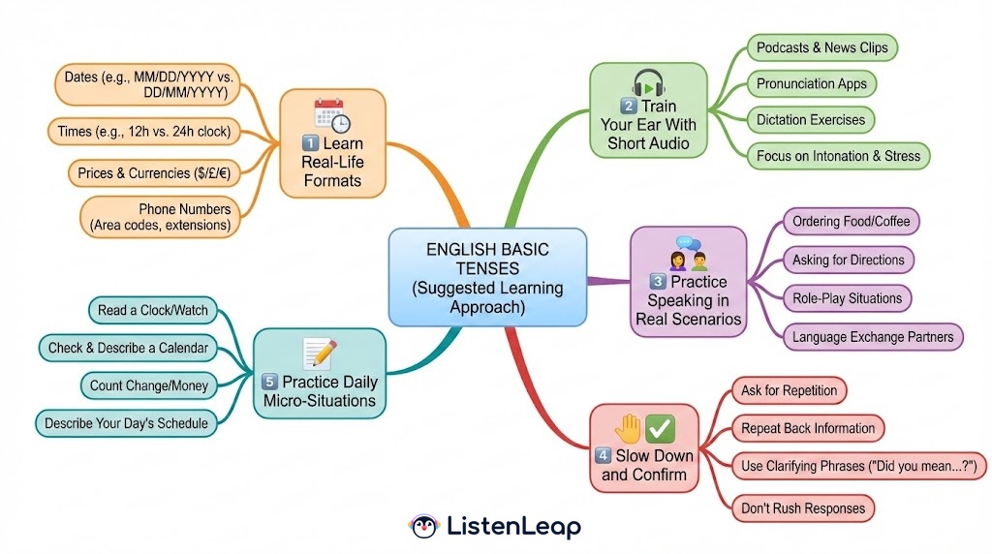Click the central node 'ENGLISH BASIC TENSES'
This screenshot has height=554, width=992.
coord(487,277)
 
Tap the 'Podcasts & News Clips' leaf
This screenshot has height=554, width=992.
coord(822,47)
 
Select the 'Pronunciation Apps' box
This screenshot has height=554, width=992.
coord(812,83)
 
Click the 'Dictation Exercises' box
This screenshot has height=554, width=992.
coord(811,119)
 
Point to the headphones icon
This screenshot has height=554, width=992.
coord(648,82)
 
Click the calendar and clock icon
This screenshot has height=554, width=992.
coord(331,116)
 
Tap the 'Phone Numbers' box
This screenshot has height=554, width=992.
coord(161,217)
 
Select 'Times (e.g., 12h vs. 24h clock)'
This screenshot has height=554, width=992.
coord(145,132)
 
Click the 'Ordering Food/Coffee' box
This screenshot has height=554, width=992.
coord(851,222)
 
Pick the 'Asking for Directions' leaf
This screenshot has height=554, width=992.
coord(848,260)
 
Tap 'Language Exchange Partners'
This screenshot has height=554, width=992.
coord(873,337)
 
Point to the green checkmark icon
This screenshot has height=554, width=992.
coord(662,426)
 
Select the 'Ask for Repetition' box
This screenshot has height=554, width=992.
coord(789,390)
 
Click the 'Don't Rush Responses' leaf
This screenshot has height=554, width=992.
coord(802,508)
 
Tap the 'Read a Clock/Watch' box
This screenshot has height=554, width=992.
coord(153,311)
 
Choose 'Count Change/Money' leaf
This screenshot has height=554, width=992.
coord(149,385)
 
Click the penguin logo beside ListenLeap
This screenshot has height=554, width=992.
coord(423,527)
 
